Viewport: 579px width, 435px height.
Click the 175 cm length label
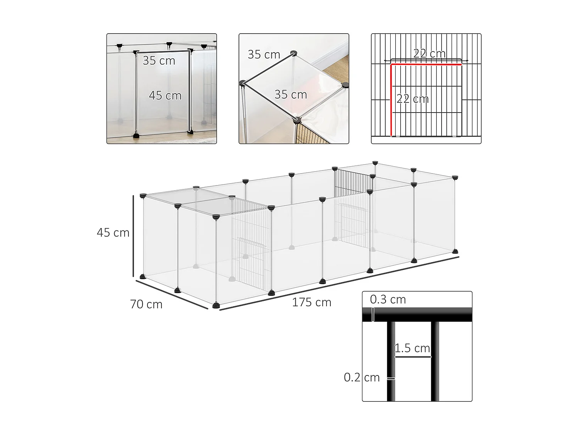(312, 302)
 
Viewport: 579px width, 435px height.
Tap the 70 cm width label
(146, 304)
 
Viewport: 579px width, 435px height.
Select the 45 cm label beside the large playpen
(113, 232)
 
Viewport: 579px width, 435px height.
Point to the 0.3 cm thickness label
(388, 299)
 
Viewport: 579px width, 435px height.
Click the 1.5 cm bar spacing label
(412, 348)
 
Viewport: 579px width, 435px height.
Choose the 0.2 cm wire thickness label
(362, 377)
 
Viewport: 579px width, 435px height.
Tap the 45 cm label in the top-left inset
(165, 96)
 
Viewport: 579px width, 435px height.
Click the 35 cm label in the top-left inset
(159, 61)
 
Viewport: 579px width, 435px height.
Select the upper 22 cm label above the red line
(429, 53)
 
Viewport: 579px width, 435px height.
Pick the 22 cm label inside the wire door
(413, 99)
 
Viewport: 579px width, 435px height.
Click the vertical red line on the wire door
(391, 101)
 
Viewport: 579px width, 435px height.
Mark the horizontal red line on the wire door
(426, 65)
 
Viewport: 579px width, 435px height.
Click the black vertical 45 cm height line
(134, 236)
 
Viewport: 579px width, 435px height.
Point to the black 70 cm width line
(171, 294)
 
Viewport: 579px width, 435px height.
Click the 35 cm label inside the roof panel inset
(290, 94)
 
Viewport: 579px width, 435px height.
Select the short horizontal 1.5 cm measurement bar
(413, 357)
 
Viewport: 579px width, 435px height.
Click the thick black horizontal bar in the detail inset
(417, 314)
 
